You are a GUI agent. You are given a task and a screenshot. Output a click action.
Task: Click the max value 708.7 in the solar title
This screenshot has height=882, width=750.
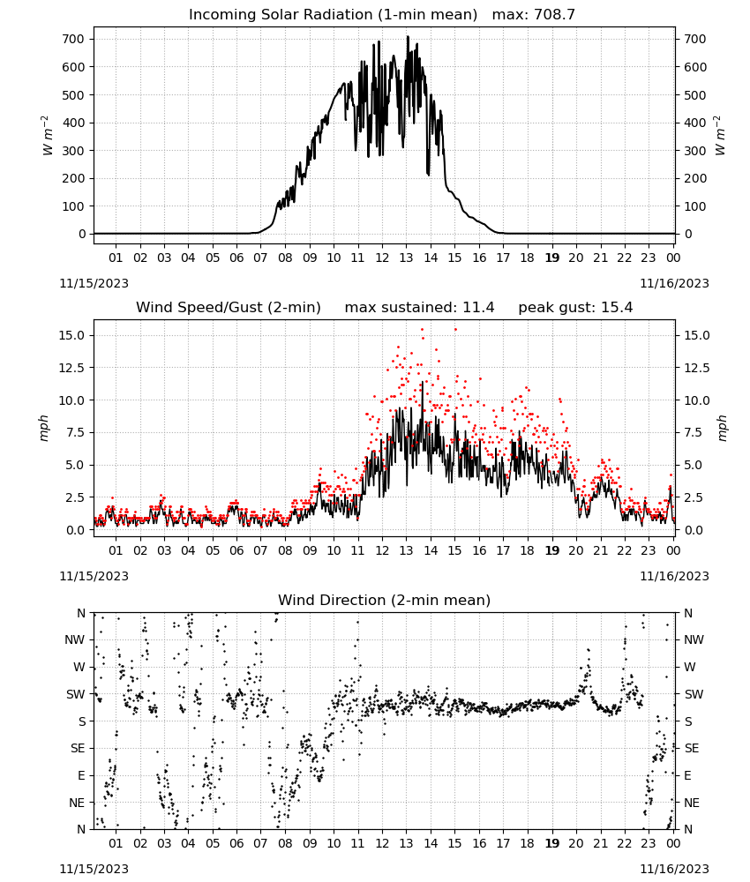pyautogui.click(x=554, y=15)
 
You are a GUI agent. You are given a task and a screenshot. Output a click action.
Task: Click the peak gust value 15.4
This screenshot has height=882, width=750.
pyautogui.click(x=618, y=308)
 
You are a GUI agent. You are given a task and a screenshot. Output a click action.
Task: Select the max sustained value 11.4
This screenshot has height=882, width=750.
pyautogui.click(x=478, y=308)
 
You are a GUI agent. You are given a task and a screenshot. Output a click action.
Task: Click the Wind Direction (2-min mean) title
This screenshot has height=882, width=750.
pyautogui.click(x=385, y=600)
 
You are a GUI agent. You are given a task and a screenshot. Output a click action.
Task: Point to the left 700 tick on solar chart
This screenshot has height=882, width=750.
pyautogui.click(x=74, y=40)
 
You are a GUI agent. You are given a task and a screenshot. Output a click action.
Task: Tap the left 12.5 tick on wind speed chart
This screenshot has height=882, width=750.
pyautogui.click(x=71, y=368)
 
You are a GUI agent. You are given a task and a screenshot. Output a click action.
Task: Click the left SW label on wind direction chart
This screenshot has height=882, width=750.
pyautogui.click(x=76, y=694)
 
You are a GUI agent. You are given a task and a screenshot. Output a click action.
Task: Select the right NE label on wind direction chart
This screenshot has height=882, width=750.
pyautogui.click(x=691, y=803)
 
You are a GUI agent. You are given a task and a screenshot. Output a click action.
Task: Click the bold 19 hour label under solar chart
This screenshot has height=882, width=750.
pyautogui.click(x=552, y=258)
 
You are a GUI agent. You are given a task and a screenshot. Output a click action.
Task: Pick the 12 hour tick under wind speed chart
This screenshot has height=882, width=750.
pyautogui.click(x=382, y=550)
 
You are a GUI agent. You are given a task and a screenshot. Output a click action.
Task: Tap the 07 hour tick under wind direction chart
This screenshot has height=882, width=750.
pyautogui.click(x=260, y=843)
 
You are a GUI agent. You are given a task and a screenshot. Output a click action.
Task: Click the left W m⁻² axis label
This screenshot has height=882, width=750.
pyautogui.click(x=48, y=136)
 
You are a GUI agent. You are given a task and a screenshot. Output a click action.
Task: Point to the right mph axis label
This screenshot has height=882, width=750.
pyautogui.click(x=722, y=428)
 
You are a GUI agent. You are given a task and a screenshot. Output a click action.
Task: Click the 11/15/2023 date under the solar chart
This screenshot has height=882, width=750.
pyautogui.click(x=94, y=283)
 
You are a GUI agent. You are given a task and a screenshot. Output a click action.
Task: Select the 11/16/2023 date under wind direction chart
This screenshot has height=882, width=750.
pyautogui.click(x=674, y=869)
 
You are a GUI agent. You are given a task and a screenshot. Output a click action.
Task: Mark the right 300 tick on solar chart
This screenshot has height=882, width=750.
pyautogui.click(x=695, y=151)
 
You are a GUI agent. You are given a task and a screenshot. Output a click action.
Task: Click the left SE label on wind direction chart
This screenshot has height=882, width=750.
pyautogui.click(x=78, y=748)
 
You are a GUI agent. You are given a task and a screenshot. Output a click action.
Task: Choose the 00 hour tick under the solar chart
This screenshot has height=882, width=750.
pyautogui.click(x=673, y=258)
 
